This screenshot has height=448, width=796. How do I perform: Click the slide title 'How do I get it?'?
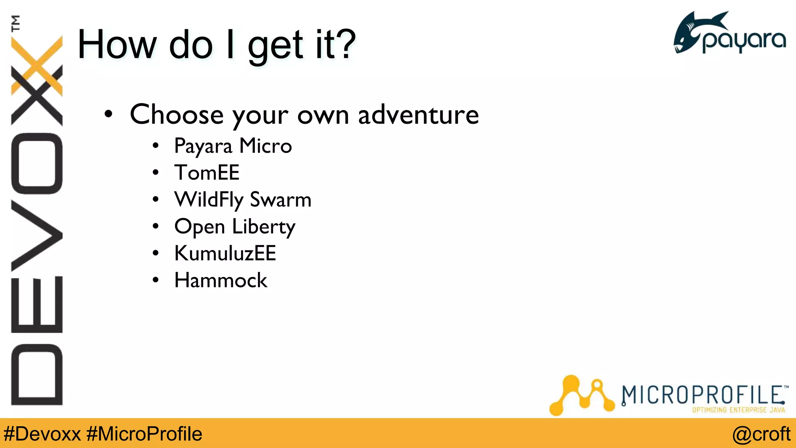point(216,45)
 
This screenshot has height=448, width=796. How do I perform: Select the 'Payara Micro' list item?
point(233,146)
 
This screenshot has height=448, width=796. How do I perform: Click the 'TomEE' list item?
point(207,173)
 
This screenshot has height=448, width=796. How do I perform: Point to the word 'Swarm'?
point(280,200)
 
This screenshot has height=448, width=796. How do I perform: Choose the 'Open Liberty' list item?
point(235,227)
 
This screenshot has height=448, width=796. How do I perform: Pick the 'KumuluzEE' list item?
point(225,254)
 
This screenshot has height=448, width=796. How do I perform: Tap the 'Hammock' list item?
point(221,280)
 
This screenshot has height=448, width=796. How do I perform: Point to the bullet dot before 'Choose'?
point(108,114)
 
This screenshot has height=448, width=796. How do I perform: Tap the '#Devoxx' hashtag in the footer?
point(42,434)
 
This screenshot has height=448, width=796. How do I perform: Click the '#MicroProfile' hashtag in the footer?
point(144,434)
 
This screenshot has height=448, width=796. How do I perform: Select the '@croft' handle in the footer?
point(761,434)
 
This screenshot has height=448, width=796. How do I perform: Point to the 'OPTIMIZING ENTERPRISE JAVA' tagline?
point(738,410)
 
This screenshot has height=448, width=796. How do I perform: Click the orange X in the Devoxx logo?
point(37,66)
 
